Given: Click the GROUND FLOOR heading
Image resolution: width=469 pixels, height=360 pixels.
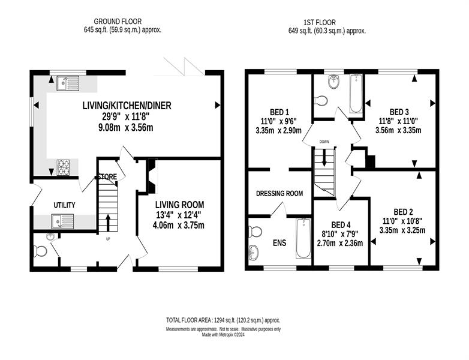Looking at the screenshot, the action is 118,22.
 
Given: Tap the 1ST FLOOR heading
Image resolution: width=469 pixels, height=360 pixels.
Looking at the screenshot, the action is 320,22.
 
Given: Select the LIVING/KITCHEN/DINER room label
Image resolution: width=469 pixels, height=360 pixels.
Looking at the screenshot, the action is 127,106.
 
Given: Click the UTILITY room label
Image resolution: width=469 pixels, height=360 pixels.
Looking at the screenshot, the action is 64,205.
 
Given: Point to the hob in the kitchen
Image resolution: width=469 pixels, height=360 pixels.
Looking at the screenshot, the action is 63,167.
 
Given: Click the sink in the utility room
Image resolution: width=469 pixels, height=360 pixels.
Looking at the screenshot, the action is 62,221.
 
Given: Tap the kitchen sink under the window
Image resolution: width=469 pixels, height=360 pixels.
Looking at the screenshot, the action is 68,83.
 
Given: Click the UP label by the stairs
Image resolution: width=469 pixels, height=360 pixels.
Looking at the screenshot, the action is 108,239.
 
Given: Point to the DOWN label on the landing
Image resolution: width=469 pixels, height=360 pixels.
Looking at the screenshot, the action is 324,142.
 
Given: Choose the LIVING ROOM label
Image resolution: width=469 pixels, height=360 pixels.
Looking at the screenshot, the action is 179,205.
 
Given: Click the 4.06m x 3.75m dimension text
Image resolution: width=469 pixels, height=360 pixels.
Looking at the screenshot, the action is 179,225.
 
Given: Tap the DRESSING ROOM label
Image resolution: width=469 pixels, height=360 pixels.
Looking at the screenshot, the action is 279,194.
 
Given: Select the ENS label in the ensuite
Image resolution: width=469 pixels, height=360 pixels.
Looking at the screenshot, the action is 279,242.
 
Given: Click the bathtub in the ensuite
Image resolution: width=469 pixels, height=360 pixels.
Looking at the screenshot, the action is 303,238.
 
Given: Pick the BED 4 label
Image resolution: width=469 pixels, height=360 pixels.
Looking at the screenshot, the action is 341,225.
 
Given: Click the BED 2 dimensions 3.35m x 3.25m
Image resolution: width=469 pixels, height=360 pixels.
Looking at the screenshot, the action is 402,230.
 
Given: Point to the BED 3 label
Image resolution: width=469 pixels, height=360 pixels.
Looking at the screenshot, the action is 399,112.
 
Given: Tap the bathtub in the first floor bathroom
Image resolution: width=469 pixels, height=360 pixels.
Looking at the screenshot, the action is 356,94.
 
